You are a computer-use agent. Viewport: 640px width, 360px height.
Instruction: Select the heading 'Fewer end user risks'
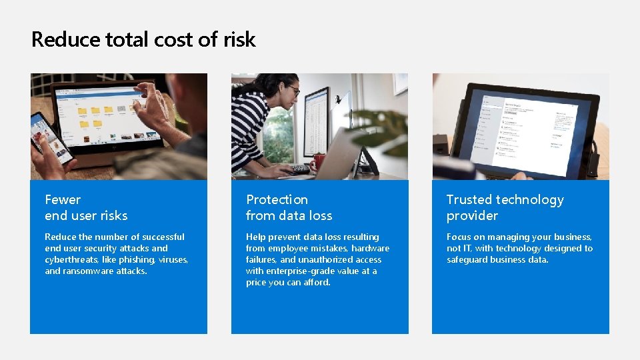[x=86, y=207]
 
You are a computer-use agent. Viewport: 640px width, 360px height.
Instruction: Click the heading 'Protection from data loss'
[x=289, y=207]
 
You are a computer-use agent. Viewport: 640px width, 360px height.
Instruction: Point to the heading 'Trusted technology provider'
[x=505, y=207]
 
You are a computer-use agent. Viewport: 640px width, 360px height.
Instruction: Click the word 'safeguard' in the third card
[x=468, y=259]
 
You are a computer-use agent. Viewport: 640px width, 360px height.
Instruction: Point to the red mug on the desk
[x=318, y=161]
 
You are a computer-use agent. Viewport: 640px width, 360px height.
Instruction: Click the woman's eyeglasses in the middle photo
[x=293, y=90]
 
